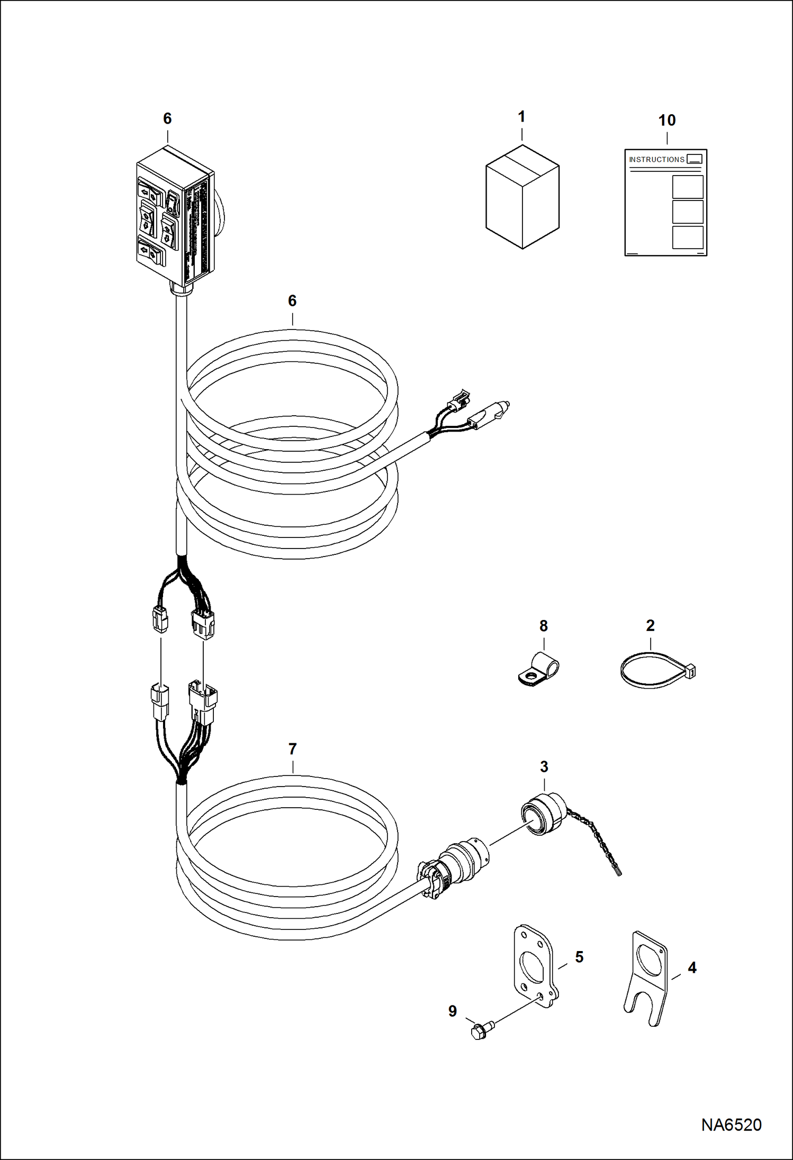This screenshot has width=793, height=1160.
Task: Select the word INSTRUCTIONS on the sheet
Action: tap(656, 159)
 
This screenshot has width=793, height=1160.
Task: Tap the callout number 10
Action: tap(666, 121)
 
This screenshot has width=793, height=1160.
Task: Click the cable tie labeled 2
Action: tap(657, 672)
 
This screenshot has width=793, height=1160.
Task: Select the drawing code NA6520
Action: tap(731, 1124)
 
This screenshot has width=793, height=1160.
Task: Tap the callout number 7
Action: tap(292, 749)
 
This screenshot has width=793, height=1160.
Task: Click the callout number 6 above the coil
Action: tap(292, 301)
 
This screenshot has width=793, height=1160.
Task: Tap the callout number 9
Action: tap(453, 1011)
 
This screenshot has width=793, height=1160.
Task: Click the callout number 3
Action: tap(544, 766)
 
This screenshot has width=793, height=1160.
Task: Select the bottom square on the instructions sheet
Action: tap(687, 238)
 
